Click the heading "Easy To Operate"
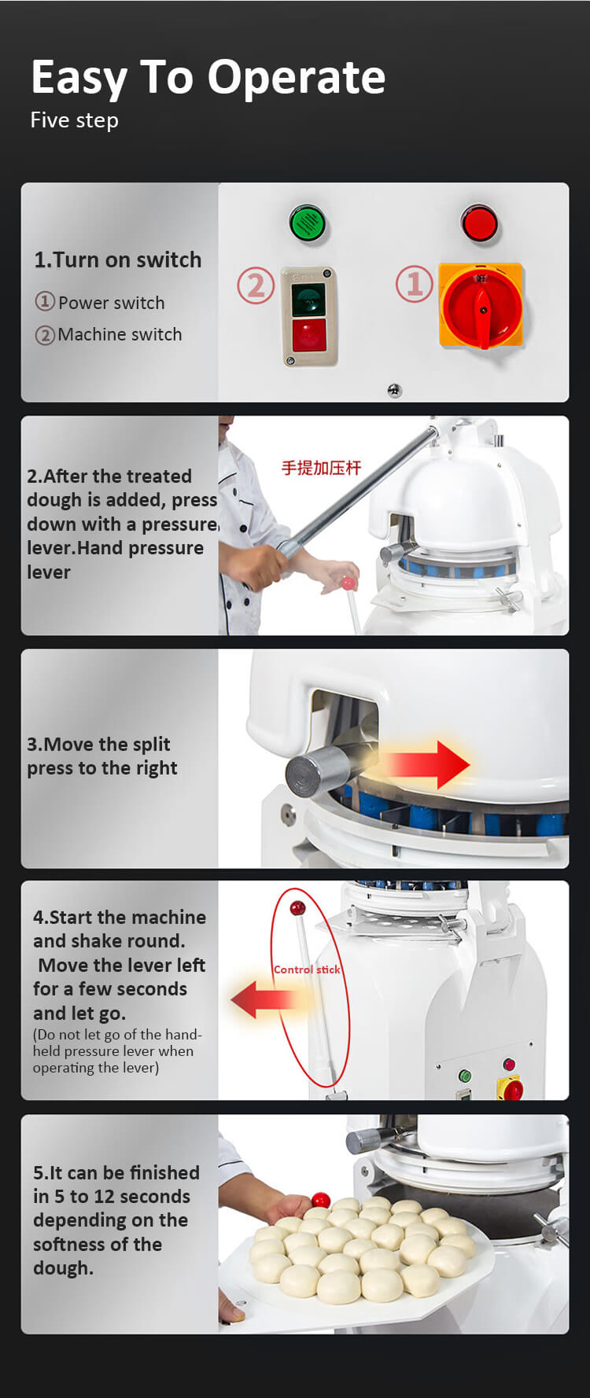(x=208, y=78)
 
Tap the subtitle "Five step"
(x=75, y=120)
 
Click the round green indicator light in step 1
(x=308, y=223)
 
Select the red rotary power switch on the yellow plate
(x=481, y=306)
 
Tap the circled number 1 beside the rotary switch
(x=415, y=284)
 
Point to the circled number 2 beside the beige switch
(x=256, y=285)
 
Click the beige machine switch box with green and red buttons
(x=309, y=316)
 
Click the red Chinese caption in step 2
(x=321, y=468)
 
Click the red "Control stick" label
(x=307, y=969)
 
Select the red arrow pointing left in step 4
(x=264, y=999)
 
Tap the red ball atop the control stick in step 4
(x=297, y=909)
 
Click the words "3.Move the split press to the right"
(x=102, y=756)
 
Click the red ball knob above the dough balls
(x=321, y=1200)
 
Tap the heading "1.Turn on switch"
(x=118, y=260)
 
